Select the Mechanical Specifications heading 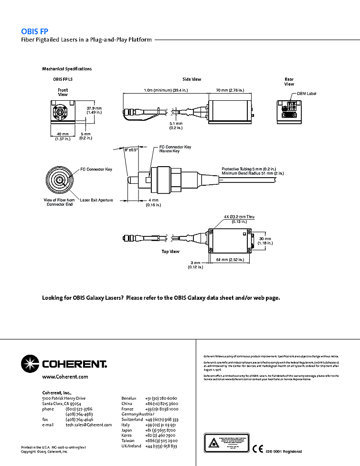point(67,69)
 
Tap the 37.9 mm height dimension point(94,108)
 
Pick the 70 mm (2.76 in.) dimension point(230,90)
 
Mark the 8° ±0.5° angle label point(131,149)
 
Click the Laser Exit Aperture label point(96,200)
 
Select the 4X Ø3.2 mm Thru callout point(239,217)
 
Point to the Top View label point(170,251)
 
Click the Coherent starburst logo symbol point(30,363)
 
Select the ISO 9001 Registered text point(284,451)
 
